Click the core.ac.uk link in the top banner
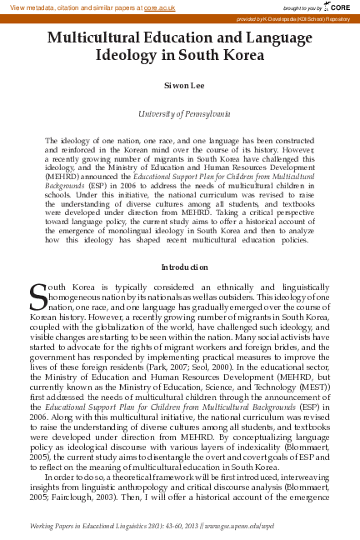point(157,7)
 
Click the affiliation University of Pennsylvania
point(179,113)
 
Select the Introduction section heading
point(179,267)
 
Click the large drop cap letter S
point(37,294)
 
